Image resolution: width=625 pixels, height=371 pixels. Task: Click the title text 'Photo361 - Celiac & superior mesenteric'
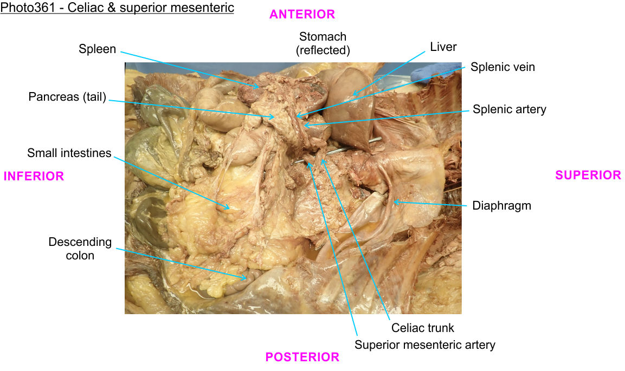click(117, 8)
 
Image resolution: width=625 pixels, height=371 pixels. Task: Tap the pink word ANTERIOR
click(302, 15)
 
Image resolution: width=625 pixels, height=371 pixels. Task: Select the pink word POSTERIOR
click(302, 357)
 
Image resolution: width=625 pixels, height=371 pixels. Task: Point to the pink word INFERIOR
click(34, 176)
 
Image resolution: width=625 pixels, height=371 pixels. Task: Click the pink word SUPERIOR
click(588, 175)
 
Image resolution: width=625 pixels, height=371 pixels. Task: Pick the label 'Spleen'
click(97, 49)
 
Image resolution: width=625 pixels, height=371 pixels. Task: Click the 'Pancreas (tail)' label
click(67, 97)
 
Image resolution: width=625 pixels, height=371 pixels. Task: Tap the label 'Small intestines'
click(69, 153)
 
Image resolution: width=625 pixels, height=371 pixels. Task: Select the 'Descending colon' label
click(80, 249)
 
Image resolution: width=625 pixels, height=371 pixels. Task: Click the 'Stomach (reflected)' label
click(323, 44)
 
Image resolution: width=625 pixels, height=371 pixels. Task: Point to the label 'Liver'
click(443, 47)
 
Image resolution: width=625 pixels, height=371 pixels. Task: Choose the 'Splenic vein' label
click(502, 67)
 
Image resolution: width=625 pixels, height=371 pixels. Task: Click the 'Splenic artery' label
click(510, 109)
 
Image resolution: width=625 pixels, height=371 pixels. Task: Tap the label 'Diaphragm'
click(501, 206)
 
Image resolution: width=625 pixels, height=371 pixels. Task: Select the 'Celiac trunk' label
click(422, 328)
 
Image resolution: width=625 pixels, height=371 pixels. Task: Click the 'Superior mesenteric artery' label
click(425, 344)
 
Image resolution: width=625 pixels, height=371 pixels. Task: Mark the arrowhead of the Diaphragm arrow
click(395, 202)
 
